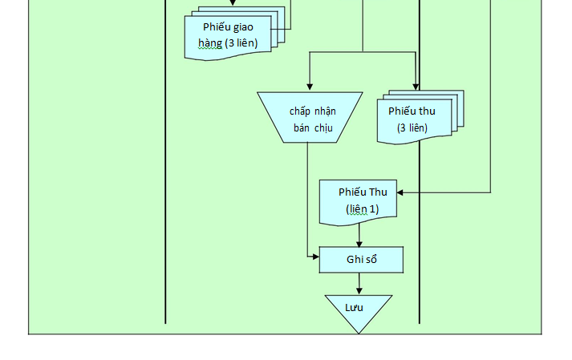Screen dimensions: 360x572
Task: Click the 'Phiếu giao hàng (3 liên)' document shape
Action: tap(228, 35)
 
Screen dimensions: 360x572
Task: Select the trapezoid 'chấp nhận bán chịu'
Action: tap(310, 117)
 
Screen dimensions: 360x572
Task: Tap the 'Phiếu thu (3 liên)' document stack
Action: tap(412, 119)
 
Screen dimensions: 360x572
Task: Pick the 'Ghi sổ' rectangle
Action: tap(361, 260)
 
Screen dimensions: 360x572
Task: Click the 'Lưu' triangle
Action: tap(358, 311)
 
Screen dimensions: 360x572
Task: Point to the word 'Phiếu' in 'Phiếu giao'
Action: tap(217, 26)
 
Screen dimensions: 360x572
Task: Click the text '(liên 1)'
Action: tap(362, 209)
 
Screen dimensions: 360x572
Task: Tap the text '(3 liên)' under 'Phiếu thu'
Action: tap(412, 127)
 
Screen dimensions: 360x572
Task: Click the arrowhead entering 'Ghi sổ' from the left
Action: tap(315, 257)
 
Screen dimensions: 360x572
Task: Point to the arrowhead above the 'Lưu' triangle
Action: tap(359, 290)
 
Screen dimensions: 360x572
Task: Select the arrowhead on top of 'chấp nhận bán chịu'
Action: tap(310, 87)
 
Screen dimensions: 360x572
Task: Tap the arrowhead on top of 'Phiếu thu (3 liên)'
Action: tap(416, 87)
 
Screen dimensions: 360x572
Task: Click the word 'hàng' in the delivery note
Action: tap(209, 42)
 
